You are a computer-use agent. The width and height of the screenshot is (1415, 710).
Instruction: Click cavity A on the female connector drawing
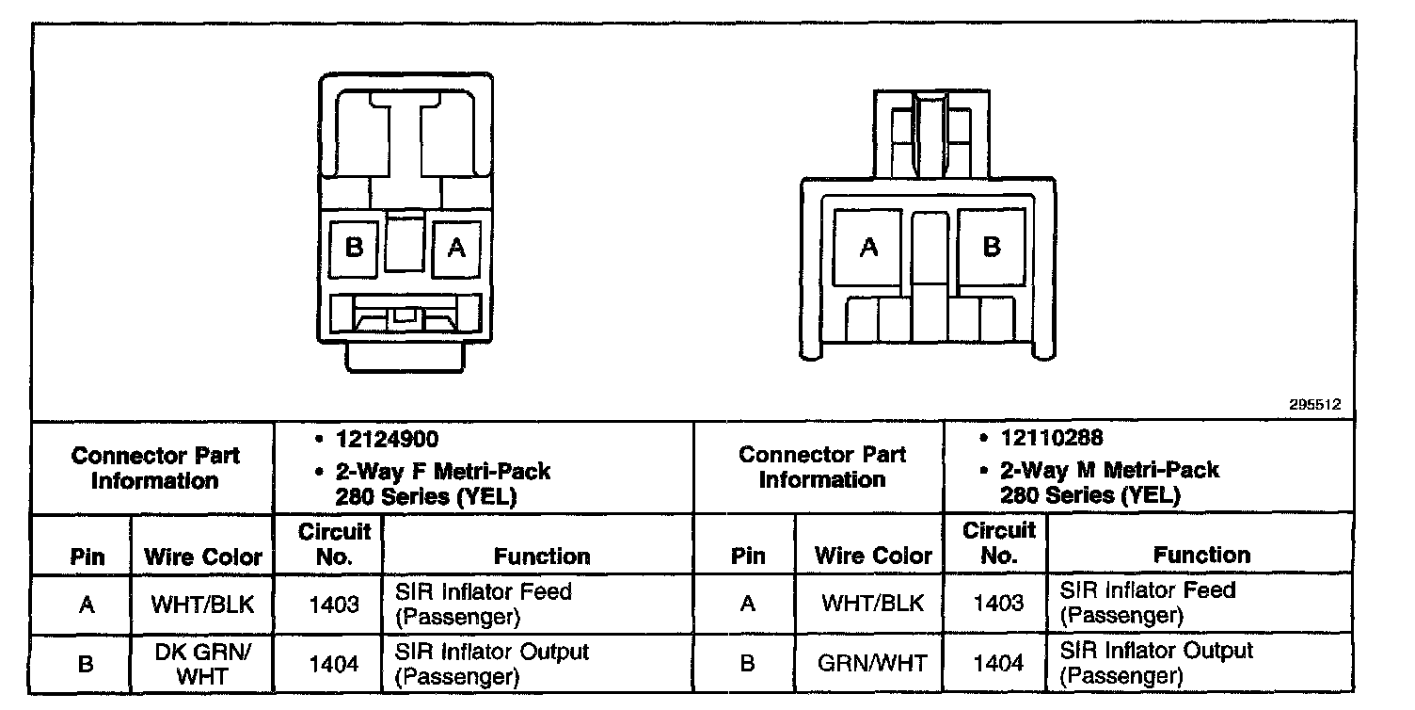point(456,248)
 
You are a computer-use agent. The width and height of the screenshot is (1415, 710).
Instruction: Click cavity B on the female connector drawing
point(355,248)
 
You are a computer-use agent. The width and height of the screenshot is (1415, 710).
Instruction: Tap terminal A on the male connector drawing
point(868,248)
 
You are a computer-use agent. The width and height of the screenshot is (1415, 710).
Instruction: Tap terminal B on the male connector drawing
point(991,248)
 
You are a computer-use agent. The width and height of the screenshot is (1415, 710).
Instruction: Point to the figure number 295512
point(1314,405)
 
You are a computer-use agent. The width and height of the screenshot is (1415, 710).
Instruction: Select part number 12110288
point(1052,438)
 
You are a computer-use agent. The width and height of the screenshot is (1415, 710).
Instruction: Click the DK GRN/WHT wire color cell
point(203,663)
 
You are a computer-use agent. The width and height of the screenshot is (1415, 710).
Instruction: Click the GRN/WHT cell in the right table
point(872,663)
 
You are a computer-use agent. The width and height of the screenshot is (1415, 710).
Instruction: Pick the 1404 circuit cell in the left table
point(334,664)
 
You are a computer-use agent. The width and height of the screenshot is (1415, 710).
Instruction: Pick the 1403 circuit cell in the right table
point(998,603)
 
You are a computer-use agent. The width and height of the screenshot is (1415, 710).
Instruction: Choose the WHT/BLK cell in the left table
point(203,604)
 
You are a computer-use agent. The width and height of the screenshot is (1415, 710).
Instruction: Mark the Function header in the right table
point(1201,555)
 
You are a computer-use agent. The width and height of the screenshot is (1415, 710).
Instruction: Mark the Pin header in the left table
point(87,557)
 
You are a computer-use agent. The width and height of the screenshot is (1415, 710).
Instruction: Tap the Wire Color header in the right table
point(873,556)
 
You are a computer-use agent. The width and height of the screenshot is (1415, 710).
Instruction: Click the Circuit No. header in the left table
point(334,544)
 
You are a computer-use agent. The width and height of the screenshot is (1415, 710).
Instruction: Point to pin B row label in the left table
point(86,664)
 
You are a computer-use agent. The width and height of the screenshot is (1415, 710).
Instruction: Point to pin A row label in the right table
point(748,603)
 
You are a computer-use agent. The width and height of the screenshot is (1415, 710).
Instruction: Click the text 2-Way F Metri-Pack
point(443,470)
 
